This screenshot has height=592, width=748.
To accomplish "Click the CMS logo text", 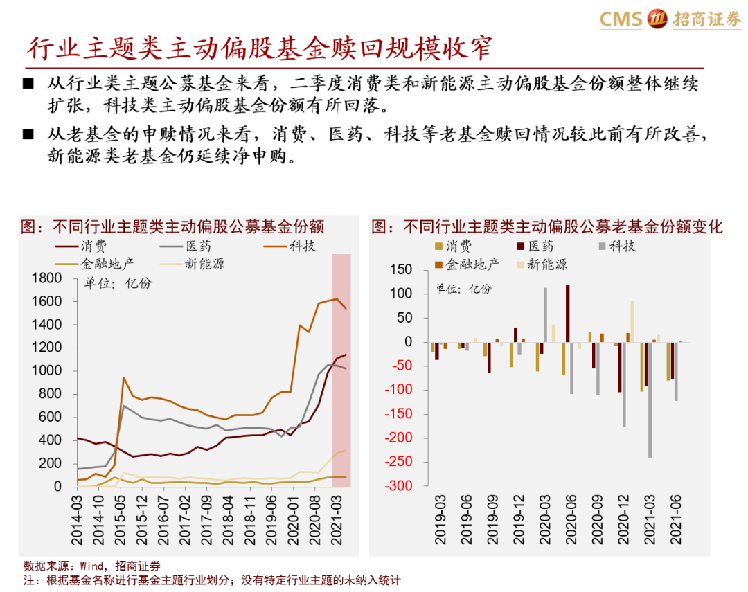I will click(621, 19).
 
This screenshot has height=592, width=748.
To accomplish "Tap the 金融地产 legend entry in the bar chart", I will click(472, 264).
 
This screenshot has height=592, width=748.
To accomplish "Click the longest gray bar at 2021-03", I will click(650, 400).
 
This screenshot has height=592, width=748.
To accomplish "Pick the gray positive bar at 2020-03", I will click(545, 315).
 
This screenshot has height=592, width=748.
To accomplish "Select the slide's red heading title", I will click(260, 48).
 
